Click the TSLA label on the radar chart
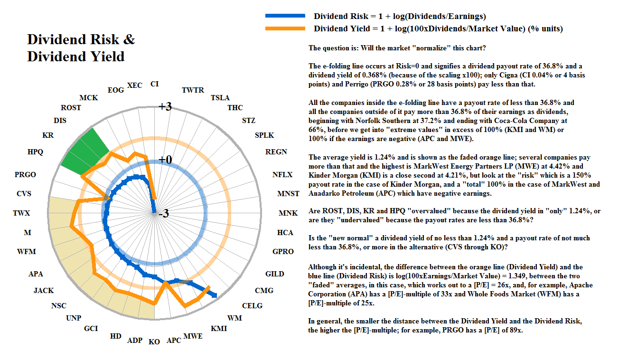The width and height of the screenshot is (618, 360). [220, 97]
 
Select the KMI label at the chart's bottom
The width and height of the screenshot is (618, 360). [219, 328]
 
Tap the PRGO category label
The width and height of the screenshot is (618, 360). [25, 175]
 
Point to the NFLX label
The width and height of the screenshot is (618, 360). [282, 175]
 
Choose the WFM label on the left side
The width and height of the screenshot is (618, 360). [26, 252]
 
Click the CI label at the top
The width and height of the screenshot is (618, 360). [154, 84]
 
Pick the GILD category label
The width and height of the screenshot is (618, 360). [275, 274]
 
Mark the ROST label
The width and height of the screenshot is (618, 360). [71, 108]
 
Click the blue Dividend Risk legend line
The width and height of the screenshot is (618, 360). [285, 17]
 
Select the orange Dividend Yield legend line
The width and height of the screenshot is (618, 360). [285, 29]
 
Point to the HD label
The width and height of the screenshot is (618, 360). [116, 336]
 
